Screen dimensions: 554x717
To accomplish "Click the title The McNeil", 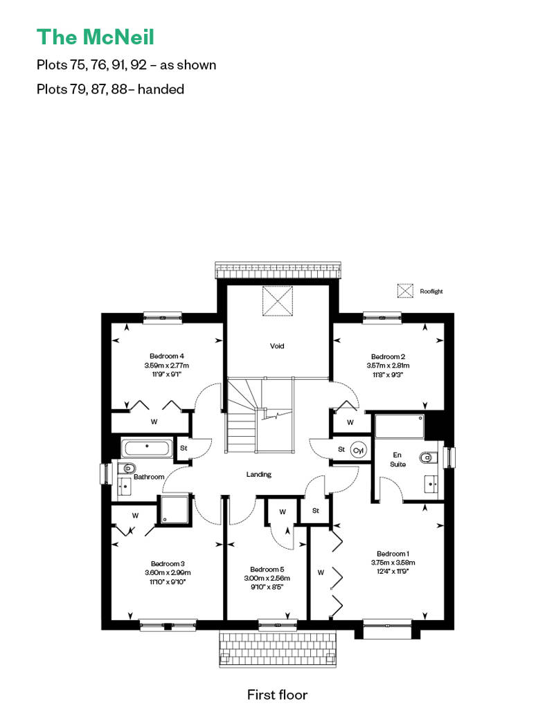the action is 95,37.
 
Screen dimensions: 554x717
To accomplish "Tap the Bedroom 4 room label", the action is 166,356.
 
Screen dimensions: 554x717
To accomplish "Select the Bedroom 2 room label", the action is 388,356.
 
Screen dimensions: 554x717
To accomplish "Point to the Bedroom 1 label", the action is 393,554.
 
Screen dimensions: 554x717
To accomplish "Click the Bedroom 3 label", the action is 168,564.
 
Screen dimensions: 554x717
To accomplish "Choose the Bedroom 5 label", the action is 267,570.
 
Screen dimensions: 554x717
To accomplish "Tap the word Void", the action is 277,346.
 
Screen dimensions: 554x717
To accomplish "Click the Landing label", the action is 259,475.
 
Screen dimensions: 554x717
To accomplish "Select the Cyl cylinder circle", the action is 358,451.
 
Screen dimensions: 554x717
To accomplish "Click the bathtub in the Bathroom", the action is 147,448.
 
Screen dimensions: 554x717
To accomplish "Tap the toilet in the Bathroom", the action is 127,469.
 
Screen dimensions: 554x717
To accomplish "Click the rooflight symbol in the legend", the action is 405,291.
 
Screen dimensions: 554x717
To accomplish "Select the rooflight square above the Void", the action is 277,301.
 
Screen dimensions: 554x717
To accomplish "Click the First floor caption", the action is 277,695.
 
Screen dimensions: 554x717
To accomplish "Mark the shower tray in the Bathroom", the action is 175,510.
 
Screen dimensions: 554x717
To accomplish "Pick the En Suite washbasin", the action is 431,484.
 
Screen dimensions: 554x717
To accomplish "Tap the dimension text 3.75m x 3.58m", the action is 393,563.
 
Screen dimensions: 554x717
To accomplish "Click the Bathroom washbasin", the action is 125,486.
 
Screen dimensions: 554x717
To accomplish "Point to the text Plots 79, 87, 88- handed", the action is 110,89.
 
